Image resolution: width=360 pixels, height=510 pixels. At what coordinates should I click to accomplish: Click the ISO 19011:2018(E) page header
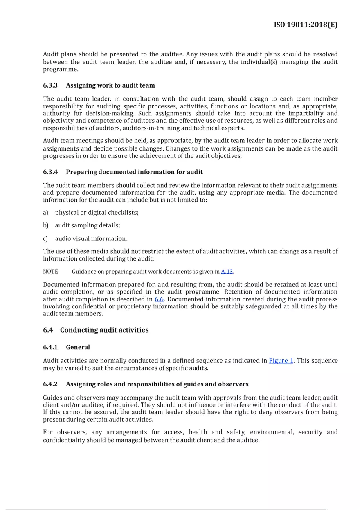tap(306, 25)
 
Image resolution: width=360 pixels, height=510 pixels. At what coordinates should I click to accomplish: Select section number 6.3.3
tap(50, 85)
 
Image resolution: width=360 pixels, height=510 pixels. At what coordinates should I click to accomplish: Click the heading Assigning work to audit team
tap(110, 85)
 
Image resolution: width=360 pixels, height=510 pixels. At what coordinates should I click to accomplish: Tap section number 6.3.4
tap(50, 172)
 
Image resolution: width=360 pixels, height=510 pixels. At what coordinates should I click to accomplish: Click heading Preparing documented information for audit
tap(134, 172)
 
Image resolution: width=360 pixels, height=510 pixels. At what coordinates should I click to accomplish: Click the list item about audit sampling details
tap(88, 226)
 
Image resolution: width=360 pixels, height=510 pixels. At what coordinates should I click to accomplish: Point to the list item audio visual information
tap(91, 239)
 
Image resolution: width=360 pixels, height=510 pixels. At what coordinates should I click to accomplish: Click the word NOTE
tap(50, 272)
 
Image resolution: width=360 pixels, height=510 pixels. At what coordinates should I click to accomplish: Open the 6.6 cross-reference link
tap(159, 299)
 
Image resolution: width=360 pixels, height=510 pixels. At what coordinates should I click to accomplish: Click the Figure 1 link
tap(281, 361)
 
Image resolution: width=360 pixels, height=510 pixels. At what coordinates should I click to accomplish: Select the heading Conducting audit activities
tap(104, 330)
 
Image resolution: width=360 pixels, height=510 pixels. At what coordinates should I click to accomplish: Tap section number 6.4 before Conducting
tap(48, 330)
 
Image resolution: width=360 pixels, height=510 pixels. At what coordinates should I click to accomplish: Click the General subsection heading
tap(78, 347)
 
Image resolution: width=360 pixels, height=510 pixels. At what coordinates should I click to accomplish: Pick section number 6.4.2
tap(50, 384)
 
